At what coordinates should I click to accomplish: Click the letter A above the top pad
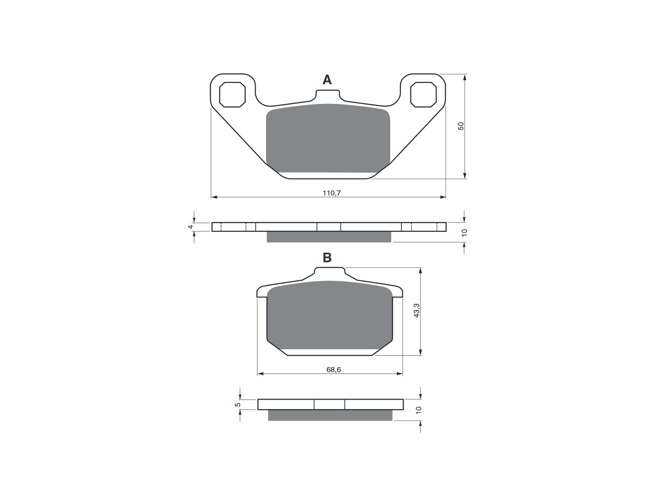[327, 80]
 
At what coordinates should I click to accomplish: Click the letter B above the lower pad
[327, 257]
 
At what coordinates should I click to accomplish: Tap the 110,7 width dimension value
[332, 193]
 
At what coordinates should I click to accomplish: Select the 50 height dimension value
[461, 126]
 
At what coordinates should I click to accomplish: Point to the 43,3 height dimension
[417, 310]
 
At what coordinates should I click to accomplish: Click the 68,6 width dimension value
[333, 370]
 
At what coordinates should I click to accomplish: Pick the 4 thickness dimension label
[190, 227]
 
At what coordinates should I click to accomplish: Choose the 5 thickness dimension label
[238, 405]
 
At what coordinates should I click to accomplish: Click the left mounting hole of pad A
[232, 94]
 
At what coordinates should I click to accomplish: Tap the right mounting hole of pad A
[423, 94]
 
